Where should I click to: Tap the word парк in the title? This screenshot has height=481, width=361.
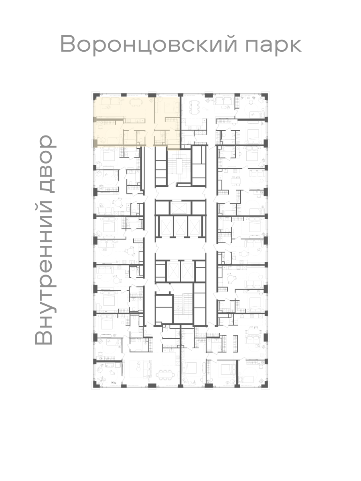coord(273,46)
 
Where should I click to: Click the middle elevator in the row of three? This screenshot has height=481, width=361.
coord(180,226)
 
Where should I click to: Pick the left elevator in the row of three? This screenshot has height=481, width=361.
coord(166,226)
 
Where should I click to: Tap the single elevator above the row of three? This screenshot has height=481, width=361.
coord(178,208)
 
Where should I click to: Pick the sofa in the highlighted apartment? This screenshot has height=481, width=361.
coord(112,102)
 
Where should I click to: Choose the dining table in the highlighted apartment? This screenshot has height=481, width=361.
coord(136,102)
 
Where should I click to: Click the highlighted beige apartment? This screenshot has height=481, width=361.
coord(137,122)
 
